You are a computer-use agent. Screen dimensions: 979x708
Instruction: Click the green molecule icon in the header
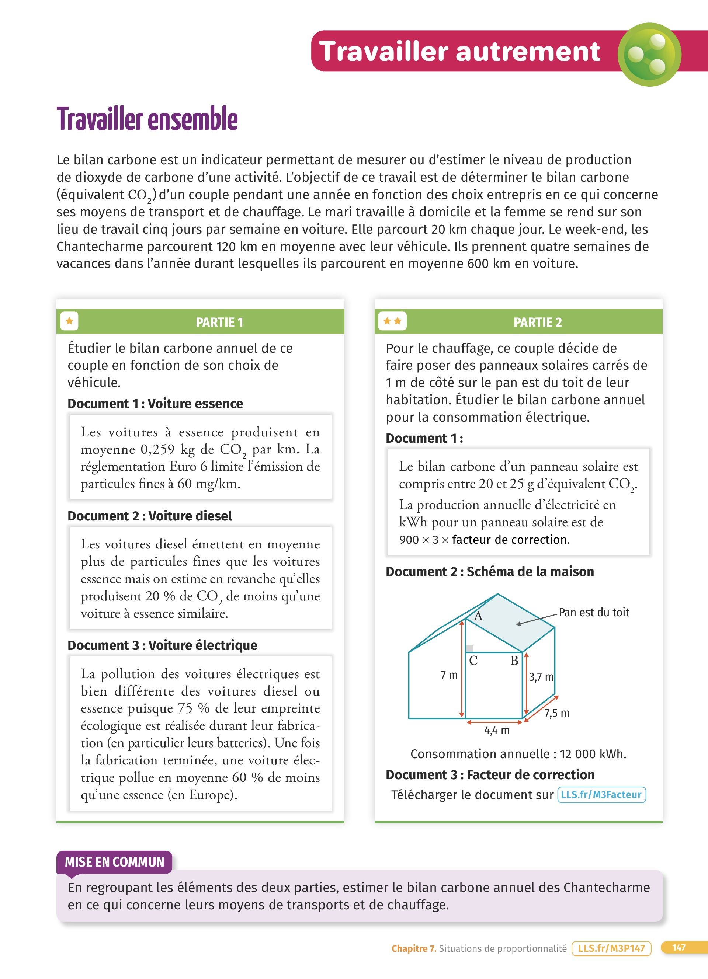649,55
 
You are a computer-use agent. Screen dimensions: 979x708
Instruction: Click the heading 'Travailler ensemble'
147,119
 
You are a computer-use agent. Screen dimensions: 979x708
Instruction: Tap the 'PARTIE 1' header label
219,323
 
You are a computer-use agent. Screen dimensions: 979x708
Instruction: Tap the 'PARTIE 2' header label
538,323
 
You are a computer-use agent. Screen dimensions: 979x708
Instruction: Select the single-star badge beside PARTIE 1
69,321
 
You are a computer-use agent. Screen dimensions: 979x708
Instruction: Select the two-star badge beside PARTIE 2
392,321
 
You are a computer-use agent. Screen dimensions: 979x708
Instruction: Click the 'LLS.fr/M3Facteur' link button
601,795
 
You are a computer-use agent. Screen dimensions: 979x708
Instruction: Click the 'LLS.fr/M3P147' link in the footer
611,948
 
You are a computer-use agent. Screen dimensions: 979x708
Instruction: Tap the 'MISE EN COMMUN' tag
114,862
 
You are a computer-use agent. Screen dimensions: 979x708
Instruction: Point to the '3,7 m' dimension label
541,677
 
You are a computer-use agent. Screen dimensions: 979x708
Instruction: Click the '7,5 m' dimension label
556,713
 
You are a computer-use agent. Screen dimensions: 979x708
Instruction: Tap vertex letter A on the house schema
478,616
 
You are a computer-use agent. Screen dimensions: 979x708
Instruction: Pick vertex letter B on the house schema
514,661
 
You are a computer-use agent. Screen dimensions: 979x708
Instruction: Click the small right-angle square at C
470,648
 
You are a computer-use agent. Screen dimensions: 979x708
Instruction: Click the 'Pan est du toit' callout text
594,612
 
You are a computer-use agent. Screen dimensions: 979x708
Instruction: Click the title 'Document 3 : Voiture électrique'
162,645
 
